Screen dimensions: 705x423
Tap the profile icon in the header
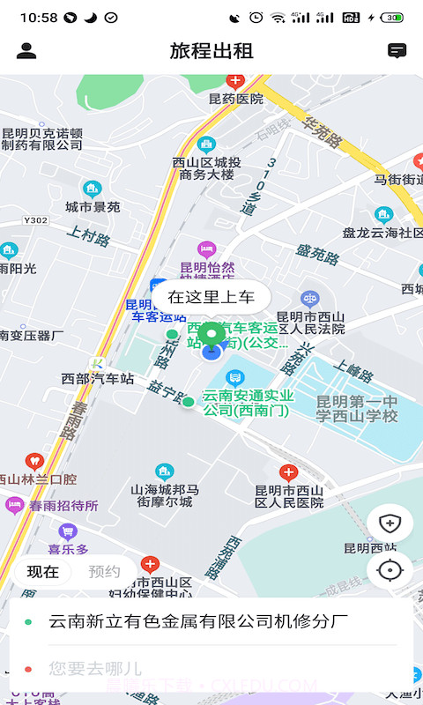click(x=26, y=51)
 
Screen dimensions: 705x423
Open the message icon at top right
click(x=397, y=51)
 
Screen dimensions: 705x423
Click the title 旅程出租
click(x=211, y=51)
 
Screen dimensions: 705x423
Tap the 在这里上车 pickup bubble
click(x=211, y=297)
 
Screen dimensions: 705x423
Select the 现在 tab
click(x=42, y=571)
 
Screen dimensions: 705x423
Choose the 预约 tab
click(x=104, y=571)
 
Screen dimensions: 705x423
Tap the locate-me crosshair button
click(x=389, y=570)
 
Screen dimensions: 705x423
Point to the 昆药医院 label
click(x=235, y=99)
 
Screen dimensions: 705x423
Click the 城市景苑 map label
click(x=93, y=207)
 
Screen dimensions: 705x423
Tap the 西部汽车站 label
click(x=97, y=379)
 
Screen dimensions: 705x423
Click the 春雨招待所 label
click(x=63, y=506)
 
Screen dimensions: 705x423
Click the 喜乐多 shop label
click(x=68, y=549)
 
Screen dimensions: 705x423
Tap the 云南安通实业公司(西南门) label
click(x=248, y=403)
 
